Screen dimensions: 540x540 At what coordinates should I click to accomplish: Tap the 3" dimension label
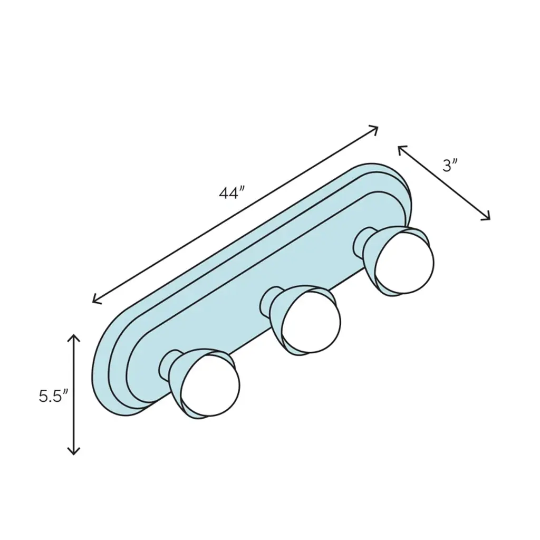450,166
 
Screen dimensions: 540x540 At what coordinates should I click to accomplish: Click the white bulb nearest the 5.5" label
210,385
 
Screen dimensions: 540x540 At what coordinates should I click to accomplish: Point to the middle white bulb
311,322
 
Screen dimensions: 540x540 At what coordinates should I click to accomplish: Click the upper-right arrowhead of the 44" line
374,130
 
